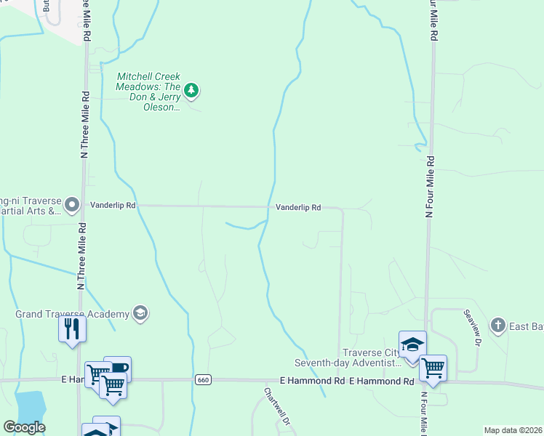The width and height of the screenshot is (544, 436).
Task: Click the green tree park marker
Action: (x=191, y=91)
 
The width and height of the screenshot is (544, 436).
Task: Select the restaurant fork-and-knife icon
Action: (x=72, y=328)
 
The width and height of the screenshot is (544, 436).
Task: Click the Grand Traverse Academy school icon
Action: (x=140, y=314)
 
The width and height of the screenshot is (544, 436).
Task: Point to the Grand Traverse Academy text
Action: (x=73, y=315)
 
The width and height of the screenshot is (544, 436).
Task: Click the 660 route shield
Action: (x=203, y=380)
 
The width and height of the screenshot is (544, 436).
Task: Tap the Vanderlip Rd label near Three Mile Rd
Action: (x=113, y=206)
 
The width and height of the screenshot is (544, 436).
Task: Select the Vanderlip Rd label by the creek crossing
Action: (x=298, y=208)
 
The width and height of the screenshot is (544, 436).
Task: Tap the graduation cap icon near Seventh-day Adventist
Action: (x=412, y=344)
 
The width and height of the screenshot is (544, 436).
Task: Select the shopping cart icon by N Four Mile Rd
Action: (x=433, y=368)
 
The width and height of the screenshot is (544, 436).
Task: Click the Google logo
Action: (x=24, y=427)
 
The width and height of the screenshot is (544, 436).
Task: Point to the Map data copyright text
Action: (x=513, y=430)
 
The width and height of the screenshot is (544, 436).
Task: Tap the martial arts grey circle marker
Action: (x=71, y=204)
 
